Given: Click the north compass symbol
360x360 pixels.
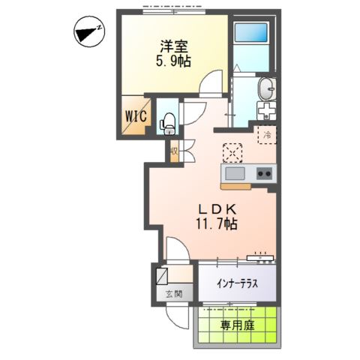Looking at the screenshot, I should click(88, 31).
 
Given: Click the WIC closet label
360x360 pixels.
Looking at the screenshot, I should click(136, 116).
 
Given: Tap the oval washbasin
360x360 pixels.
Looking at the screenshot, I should click(266, 89).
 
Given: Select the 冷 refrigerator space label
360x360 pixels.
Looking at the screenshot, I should click(265, 135).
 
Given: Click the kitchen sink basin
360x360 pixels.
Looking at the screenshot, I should click(234, 174).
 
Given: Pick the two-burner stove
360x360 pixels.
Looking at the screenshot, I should click(264, 174).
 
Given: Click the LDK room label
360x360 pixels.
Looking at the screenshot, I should click(217, 208).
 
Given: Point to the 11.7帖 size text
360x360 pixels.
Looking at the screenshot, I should click(217, 223).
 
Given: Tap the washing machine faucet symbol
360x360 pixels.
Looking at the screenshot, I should click(266, 112).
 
